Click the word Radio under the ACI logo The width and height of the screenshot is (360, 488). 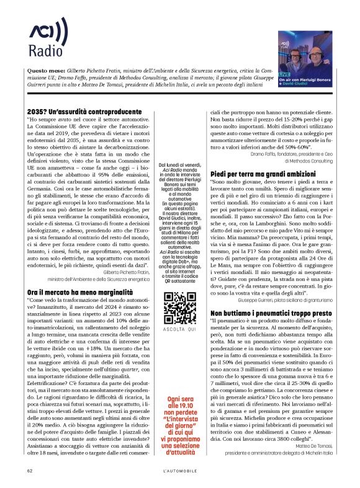41,50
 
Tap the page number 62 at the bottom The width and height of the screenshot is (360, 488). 30,470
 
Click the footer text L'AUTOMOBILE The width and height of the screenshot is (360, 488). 180,470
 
